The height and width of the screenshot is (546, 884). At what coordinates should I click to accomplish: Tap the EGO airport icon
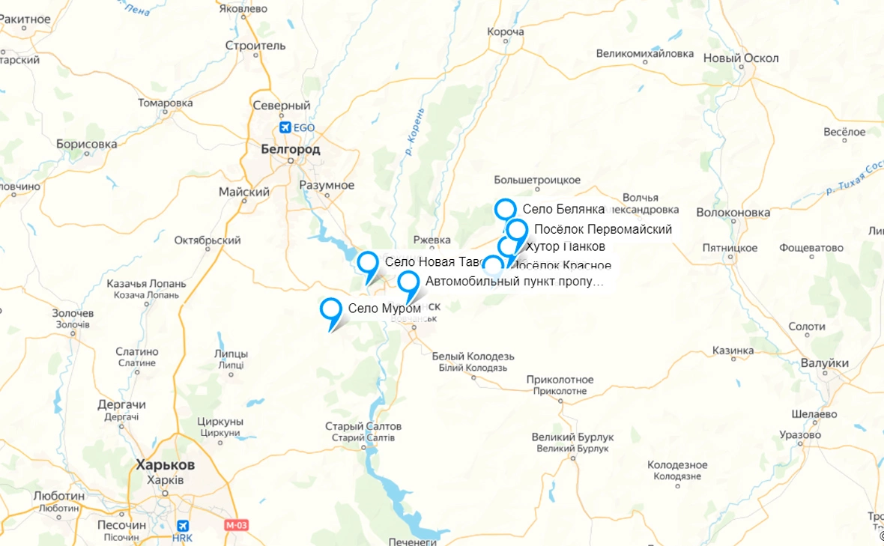pyautogui.click(x=285, y=127)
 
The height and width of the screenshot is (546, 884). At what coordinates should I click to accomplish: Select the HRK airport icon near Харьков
pyautogui.click(x=181, y=527)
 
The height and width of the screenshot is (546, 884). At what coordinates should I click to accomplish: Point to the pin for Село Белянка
pyautogui.click(x=506, y=210)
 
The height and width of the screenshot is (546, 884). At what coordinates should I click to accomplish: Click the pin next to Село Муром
pyautogui.click(x=330, y=309)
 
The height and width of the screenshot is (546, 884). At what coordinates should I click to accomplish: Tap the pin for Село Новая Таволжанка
pyautogui.click(x=368, y=263)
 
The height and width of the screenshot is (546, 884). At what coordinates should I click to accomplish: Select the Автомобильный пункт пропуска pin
pyautogui.click(x=408, y=282)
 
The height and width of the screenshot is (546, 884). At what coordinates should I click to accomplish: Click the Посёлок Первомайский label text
pyautogui.click(x=602, y=229)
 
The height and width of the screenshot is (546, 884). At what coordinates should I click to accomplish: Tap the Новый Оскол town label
pyautogui.click(x=741, y=58)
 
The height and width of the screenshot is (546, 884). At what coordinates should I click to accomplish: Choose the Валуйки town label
pyautogui.click(x=824, y=363)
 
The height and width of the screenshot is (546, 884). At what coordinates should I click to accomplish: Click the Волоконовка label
pyautogui.click(x=733, y=212)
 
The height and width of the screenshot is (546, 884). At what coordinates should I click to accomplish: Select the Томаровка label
pyautogui.click(x=165, y=103)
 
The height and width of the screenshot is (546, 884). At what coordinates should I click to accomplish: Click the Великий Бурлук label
pyautogui.click(x=572, y=437)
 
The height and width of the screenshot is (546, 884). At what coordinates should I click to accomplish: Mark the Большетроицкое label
pyautogui.click(x=537, y=180)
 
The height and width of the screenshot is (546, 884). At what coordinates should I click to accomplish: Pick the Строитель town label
pyautogui.click(x=255, y=46)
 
